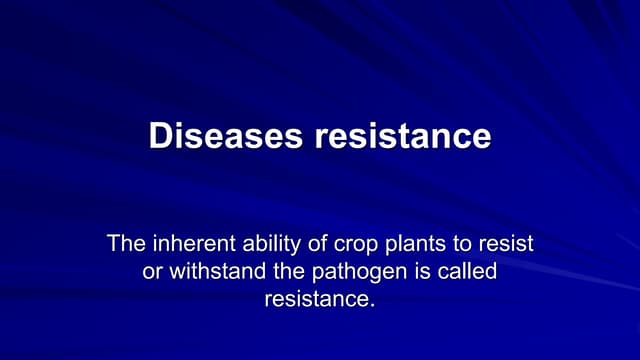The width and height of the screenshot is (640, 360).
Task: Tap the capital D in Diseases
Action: point(160,136)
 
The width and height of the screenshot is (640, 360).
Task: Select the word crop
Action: point(349,244)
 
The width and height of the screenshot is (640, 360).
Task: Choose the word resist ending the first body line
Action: point(505,243)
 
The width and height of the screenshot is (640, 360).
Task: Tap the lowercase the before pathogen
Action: point(283,270)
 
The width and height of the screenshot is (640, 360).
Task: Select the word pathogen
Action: point(353,271)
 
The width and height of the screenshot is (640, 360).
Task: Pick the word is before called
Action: point(418,270)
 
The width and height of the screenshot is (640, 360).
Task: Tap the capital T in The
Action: point(113,243)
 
